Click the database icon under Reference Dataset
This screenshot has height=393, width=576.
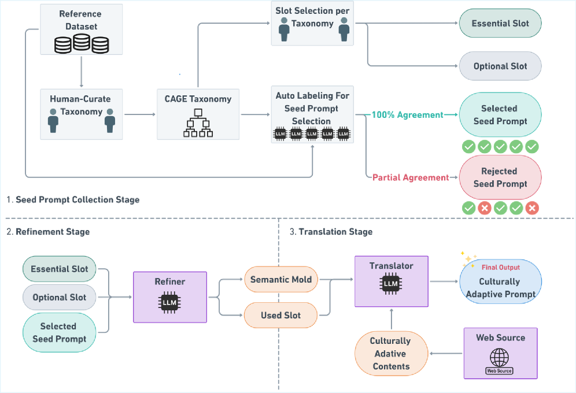click(x=82, y=44)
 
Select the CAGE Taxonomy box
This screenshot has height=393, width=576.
click(x=198, y=114)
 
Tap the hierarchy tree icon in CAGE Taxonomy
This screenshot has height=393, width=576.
click(x=198, y=123)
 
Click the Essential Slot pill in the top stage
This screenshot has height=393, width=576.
click(x=500, y=24)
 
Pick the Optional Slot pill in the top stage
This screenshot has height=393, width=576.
click(x=500, y=66)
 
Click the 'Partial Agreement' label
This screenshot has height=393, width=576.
click(x=410, y=177)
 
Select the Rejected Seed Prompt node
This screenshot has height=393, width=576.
click(x=500, y=177)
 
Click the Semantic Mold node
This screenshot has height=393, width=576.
click(x=280, y=280)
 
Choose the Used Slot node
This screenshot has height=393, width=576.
click(x=280, y=315)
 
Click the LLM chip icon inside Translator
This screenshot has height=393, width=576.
click(x=391, y=283)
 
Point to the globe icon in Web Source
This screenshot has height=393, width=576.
click(x=500, y=355)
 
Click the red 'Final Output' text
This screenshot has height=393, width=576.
click(x=500, y=267)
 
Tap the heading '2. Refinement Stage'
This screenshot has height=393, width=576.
click(x=48, y=232)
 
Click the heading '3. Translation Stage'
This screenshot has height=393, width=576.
click(x=331, y=232)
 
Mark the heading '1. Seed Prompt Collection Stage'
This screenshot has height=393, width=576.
click(x=73, y=200)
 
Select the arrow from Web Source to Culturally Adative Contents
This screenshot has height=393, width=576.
click(x=445, y=354)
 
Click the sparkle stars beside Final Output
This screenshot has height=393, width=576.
click(x=467, y=257)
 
